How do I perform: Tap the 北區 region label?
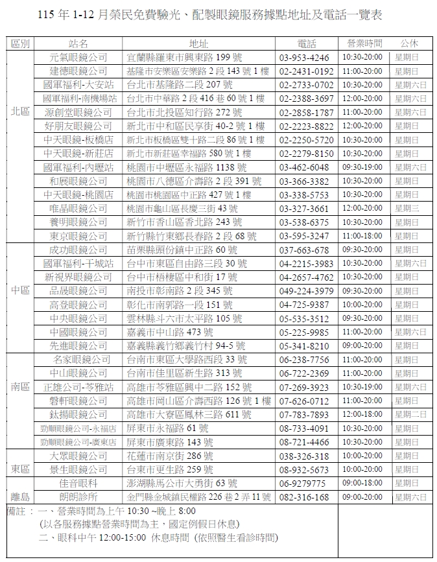20,111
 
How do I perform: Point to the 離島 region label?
20,497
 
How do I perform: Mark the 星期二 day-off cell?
410,414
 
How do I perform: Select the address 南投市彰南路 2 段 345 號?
180,291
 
